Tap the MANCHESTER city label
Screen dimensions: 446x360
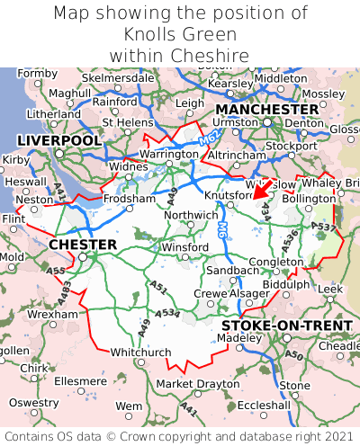point(267,110)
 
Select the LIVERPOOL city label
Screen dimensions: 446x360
point(59,141)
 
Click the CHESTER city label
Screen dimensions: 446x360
point(83,245)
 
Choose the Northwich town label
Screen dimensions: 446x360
point(191,215)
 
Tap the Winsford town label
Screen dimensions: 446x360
point(184,247)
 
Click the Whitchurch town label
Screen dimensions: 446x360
point(140,352)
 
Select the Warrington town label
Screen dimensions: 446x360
point(168,155)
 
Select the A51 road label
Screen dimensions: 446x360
point(158,288)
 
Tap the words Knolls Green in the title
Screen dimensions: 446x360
point(180,35)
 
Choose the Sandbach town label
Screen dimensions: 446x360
point(233,270)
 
